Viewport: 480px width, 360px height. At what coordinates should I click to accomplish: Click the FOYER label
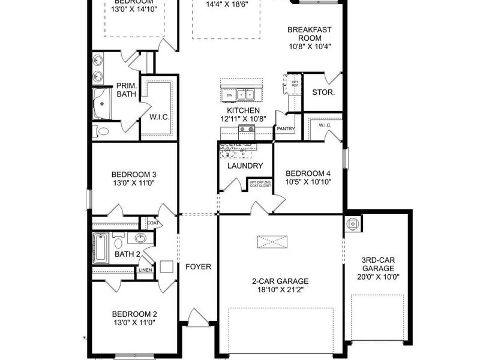coord(197,266)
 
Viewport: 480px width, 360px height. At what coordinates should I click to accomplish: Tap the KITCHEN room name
coord(243,111)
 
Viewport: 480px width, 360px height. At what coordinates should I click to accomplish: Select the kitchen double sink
coord(245,95)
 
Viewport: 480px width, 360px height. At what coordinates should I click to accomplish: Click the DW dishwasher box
coord(229,95)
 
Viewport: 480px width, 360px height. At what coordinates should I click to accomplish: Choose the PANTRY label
coord(284,128)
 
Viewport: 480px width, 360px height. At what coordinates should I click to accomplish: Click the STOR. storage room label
coord(323,92)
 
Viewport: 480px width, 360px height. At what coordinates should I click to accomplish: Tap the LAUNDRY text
coord(245,166)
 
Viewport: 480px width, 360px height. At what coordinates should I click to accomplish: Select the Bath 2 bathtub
coord(101,248)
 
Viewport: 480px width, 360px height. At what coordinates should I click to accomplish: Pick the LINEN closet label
coord(145,270)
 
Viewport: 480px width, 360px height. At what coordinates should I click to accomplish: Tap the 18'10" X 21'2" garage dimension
coord(280,290)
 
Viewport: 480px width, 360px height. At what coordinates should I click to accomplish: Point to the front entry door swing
coord(197,317)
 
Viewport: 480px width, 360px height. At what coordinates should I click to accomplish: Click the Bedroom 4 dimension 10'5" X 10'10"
coord(308,182)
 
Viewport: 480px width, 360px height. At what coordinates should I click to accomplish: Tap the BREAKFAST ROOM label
coord(310,38)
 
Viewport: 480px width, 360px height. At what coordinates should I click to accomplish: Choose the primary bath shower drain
coord(102,103)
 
